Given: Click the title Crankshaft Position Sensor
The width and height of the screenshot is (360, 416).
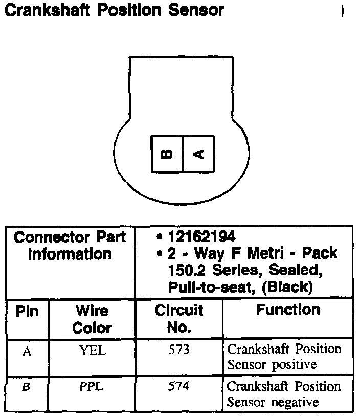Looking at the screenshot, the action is [x=114, y=10].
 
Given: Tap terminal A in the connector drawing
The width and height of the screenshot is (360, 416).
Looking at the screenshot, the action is [x=198, y=154].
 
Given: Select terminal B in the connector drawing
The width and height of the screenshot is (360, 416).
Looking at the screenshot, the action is [x=167, y=154].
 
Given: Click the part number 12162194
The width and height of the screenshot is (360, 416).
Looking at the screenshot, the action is [x=201, y=237].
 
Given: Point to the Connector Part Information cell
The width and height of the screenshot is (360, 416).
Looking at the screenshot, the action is [x=70, y=246].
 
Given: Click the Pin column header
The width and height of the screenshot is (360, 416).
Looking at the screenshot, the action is [x=27, y=311].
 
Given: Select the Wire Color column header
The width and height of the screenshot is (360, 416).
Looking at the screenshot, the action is [x=92, y=319].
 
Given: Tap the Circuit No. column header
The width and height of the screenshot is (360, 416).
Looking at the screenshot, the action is [x=179, y=318].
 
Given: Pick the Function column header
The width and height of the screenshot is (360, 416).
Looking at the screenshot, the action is [x=288, y=310].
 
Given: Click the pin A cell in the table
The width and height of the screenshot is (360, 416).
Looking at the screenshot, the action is [x=27, y=352].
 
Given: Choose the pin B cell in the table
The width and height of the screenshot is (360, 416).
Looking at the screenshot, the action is [x=27, y=387].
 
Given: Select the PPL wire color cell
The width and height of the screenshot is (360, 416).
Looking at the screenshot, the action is [x=92, y=387].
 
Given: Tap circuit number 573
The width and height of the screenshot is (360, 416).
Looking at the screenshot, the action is [x=179, y=351].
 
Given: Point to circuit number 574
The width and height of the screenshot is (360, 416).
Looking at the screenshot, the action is [x=179, y=387].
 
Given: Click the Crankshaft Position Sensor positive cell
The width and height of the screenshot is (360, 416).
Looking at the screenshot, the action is [x=284, y=357].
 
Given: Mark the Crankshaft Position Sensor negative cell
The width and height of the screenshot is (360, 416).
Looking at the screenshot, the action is [x=284, y=394].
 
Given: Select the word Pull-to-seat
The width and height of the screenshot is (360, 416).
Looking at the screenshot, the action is [x=210, y=287].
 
